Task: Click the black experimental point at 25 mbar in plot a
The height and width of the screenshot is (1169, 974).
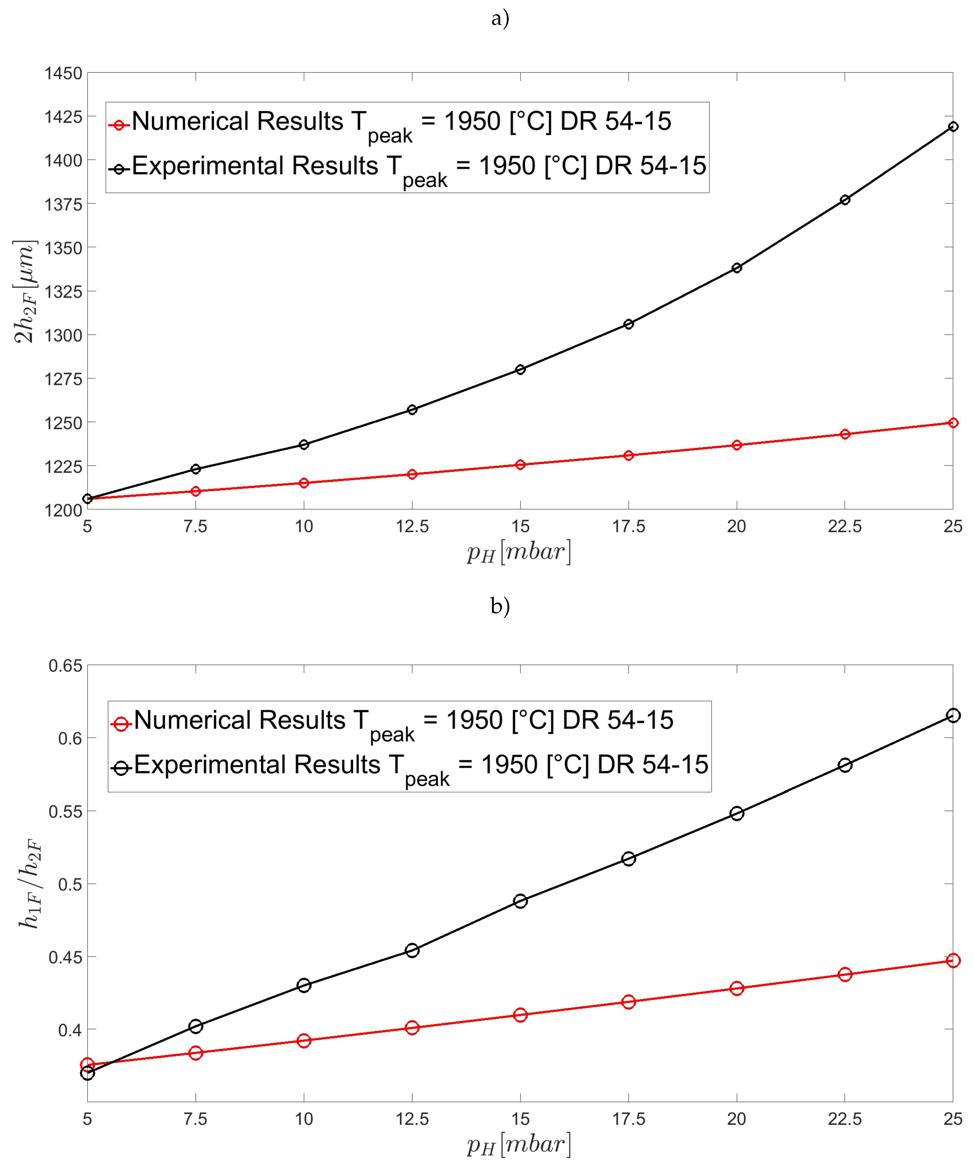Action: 953,126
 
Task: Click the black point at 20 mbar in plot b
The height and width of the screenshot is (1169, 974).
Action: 736,813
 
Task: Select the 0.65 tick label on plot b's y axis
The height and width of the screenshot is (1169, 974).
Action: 65,666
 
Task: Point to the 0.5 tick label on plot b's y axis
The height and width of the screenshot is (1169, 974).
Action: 70,884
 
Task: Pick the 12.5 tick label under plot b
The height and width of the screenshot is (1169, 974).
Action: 412,1119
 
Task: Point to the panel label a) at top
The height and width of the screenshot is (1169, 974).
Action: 500,19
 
